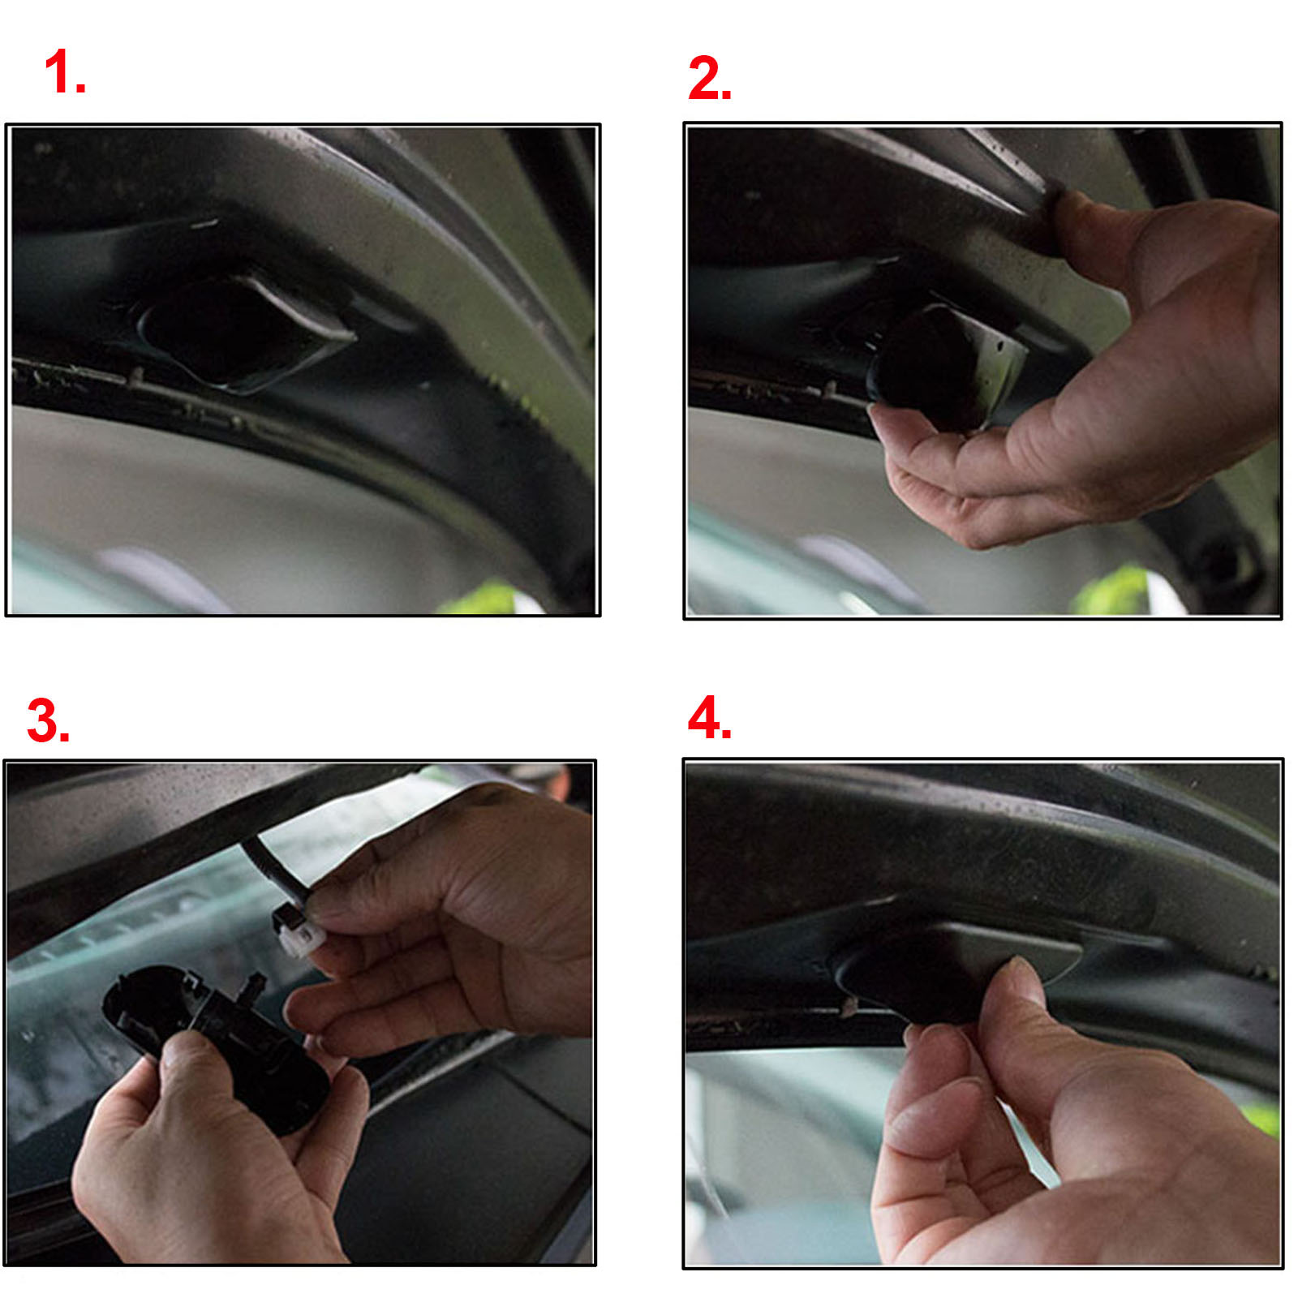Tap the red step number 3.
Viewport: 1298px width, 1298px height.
tap(47, 720)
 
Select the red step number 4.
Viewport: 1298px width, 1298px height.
tap(708, 717)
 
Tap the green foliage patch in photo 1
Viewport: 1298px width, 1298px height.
tap(487, 599)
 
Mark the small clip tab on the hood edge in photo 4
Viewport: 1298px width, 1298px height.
tap(849, 1007)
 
